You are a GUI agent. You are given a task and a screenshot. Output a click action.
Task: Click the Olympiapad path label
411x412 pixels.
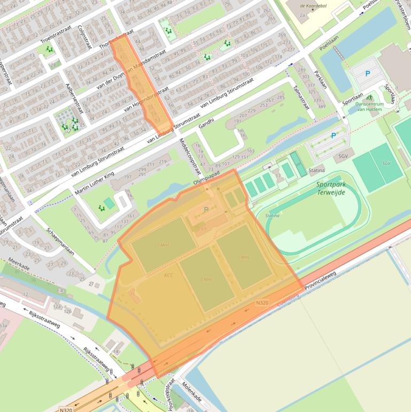tap(206, 183)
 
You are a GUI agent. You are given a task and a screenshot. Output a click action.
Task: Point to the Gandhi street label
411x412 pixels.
tap(206, 124)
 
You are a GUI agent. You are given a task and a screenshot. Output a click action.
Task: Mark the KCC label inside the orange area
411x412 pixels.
tap(168, 275)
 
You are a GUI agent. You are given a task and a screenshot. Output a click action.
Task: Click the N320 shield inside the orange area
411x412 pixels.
tap(262, 303)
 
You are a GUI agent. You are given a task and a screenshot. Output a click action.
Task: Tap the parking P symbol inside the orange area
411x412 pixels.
tap(206, 210)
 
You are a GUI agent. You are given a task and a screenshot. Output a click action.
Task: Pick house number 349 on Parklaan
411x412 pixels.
tap(321, 106)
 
